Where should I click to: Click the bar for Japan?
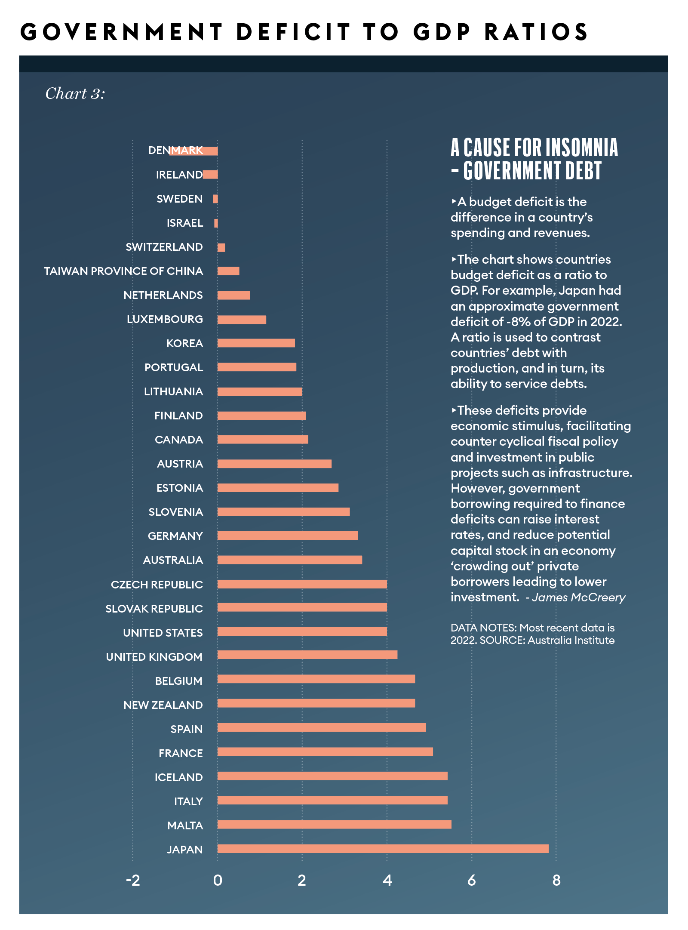point(383,849)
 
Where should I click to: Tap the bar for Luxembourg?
point(242,320)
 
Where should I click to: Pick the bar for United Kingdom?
point(307,655)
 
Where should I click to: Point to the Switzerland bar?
point(221,247)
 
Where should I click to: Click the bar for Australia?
point(289,560)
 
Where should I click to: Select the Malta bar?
point(334,824)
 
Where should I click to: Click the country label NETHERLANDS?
point(163,295)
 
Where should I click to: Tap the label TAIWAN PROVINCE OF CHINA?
point(123,271)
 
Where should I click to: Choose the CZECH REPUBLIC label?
point(157,585)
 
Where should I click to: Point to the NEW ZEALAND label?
point(163,705)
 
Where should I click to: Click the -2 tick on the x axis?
point(133,881)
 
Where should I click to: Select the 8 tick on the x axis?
point(556,881)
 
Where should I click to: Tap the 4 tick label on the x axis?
point(387,881)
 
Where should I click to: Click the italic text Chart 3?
point(75,94)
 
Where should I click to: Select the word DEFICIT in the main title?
point(293,32)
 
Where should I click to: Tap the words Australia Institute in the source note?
point(571,640)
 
